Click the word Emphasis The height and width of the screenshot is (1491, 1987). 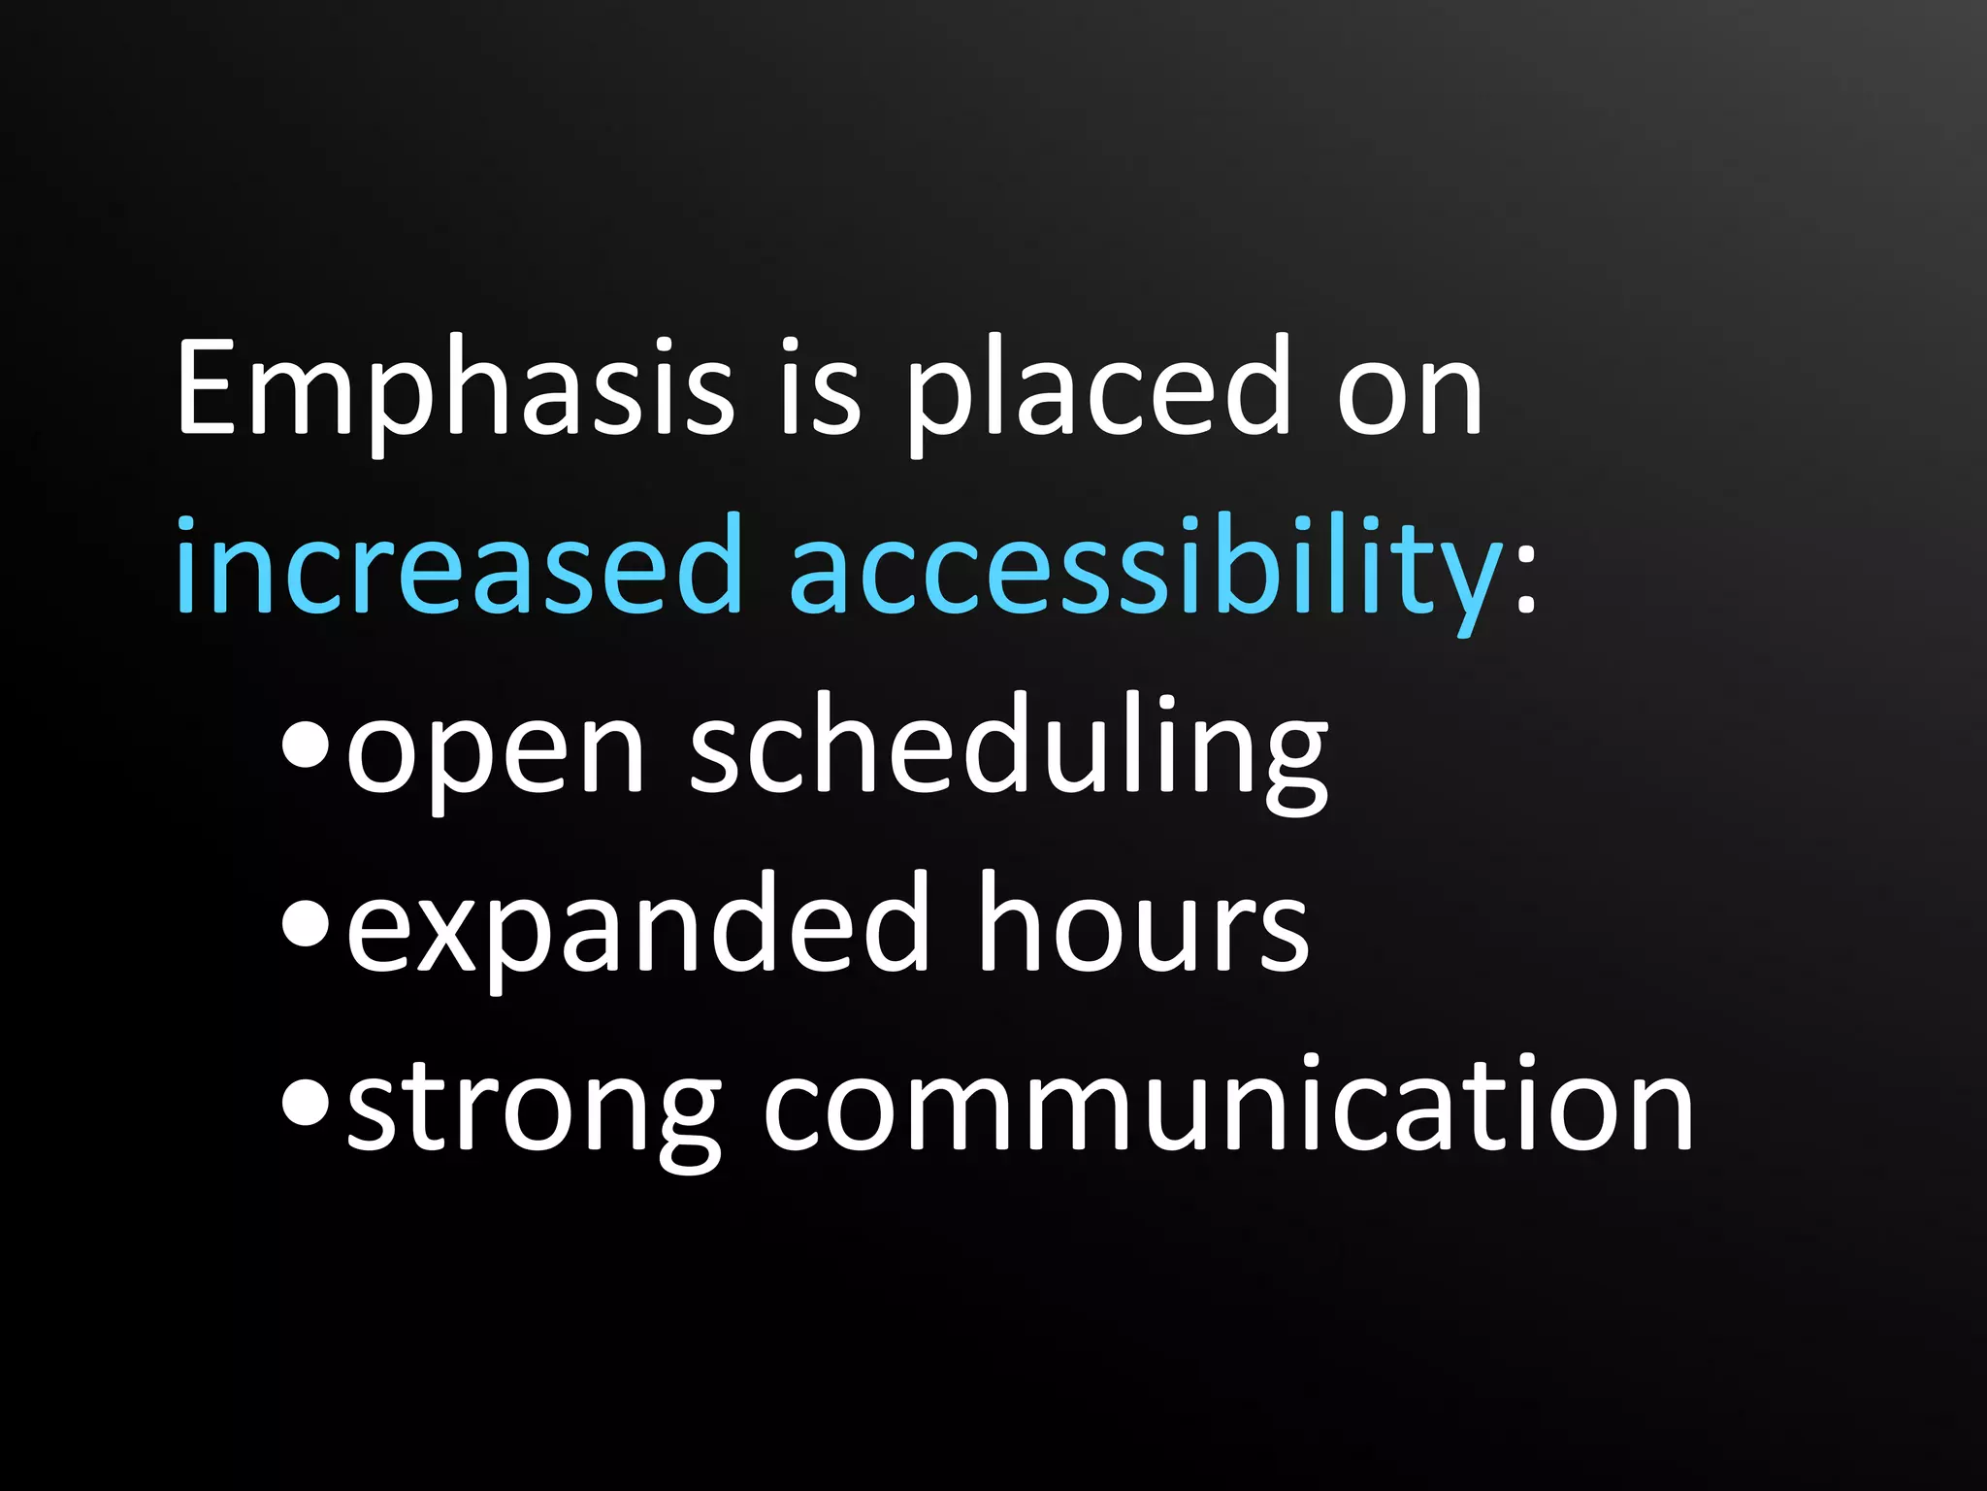(454, 388)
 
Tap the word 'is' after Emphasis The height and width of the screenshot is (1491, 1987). (820, 388)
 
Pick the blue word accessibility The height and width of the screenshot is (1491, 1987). (1145, 568)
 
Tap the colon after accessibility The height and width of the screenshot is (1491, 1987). (1526, 582)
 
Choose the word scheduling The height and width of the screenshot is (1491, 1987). (1009, 747)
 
